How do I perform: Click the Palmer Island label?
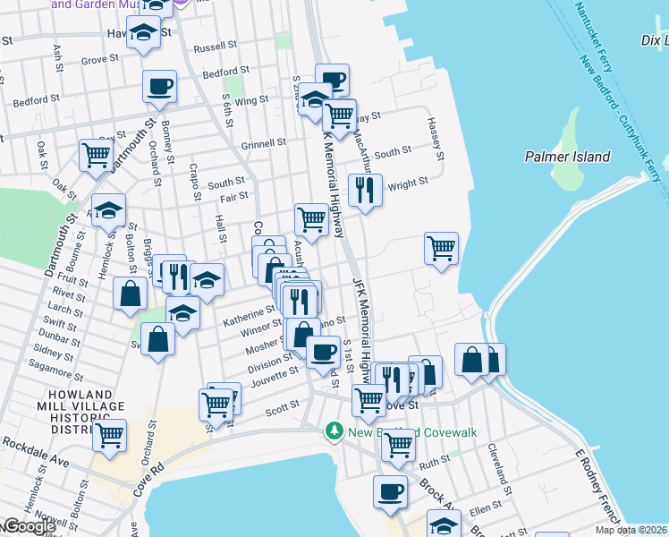point(567,158)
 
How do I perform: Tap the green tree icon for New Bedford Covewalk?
point(335,432)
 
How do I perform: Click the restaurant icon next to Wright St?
point(365,189)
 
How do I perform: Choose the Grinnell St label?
point(263,142)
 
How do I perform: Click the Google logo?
point(29,526)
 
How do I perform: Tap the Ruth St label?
point(435,464)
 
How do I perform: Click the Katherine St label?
point(250,315)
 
